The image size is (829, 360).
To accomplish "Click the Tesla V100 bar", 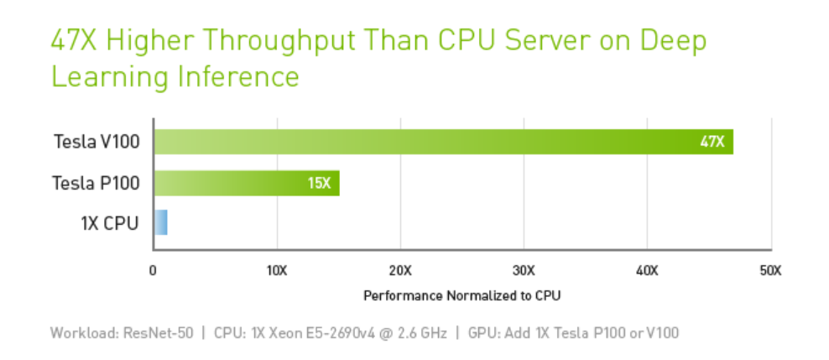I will coord(443,142).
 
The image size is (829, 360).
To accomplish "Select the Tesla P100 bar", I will coord(246,183).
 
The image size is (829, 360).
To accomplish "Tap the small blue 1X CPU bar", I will coord(160,223).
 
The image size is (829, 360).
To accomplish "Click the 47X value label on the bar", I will coord(712,142).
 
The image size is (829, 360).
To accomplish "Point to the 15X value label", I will coord(319,183).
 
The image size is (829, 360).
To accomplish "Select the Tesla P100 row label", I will coord(96,183).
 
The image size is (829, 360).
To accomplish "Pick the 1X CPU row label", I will coord(110,223).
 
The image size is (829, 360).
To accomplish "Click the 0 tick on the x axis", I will coord(153,271).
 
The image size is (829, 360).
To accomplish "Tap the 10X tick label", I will coord(277,271).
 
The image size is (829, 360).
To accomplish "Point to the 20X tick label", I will coord(400,271).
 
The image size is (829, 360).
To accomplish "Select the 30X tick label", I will coord(524,271).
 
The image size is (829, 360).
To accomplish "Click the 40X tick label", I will coord(647,271).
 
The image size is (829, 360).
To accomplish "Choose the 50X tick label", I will coord(770,271).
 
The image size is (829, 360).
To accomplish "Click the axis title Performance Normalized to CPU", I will coord(461,295).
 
